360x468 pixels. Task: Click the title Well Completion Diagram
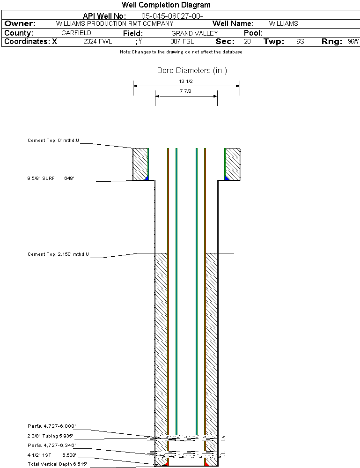(166, 5)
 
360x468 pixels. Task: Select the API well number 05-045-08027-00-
(172, 16)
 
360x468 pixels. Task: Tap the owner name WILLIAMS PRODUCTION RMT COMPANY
(114, 23)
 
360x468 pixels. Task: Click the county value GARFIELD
(76, 33)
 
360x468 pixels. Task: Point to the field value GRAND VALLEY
(195, 33)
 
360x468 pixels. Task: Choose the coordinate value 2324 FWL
(98, 42)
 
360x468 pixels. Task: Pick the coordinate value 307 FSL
(182, 42)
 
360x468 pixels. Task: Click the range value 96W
(353, 42)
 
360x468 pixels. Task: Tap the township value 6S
(300, 42)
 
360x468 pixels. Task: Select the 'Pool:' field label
(253, 33)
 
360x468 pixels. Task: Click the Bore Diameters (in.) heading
(192, 71)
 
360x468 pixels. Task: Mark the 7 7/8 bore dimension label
(185, 91)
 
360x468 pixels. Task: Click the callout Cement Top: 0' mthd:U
(53, 140)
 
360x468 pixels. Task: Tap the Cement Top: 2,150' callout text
(58, 254)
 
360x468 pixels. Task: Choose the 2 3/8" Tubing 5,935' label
(50, 436)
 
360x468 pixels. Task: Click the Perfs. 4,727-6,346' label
(51, 445)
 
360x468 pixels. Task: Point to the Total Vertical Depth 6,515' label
(57, 464)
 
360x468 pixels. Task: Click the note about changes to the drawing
(181, 52)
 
